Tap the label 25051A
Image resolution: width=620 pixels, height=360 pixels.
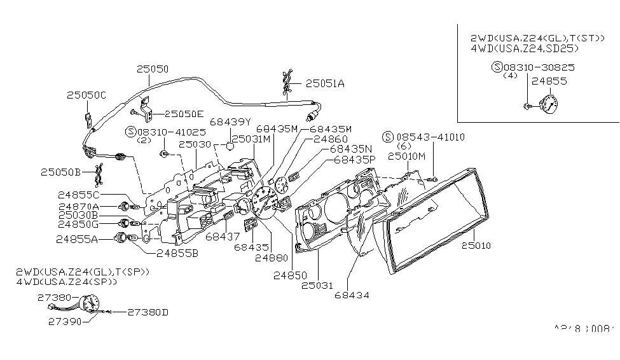pos(324,83)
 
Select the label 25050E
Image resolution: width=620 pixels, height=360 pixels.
pos(184,114)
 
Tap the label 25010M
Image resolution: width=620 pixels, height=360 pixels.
pos(407,155)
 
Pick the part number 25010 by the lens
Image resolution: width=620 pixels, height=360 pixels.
pos(478,245)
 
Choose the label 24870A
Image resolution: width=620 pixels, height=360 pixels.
pos(78,207)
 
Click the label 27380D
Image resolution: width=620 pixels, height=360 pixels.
pos(147,312)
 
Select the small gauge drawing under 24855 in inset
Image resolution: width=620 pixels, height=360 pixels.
pos(548,104)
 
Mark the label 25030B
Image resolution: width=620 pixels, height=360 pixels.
pos(78,216)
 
